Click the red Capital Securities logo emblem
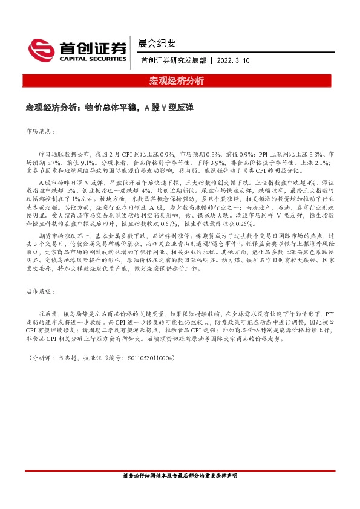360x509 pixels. (42, 49)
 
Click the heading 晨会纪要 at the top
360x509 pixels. (157, 43)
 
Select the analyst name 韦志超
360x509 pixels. (67, 358)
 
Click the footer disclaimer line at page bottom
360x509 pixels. (180, 493)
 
